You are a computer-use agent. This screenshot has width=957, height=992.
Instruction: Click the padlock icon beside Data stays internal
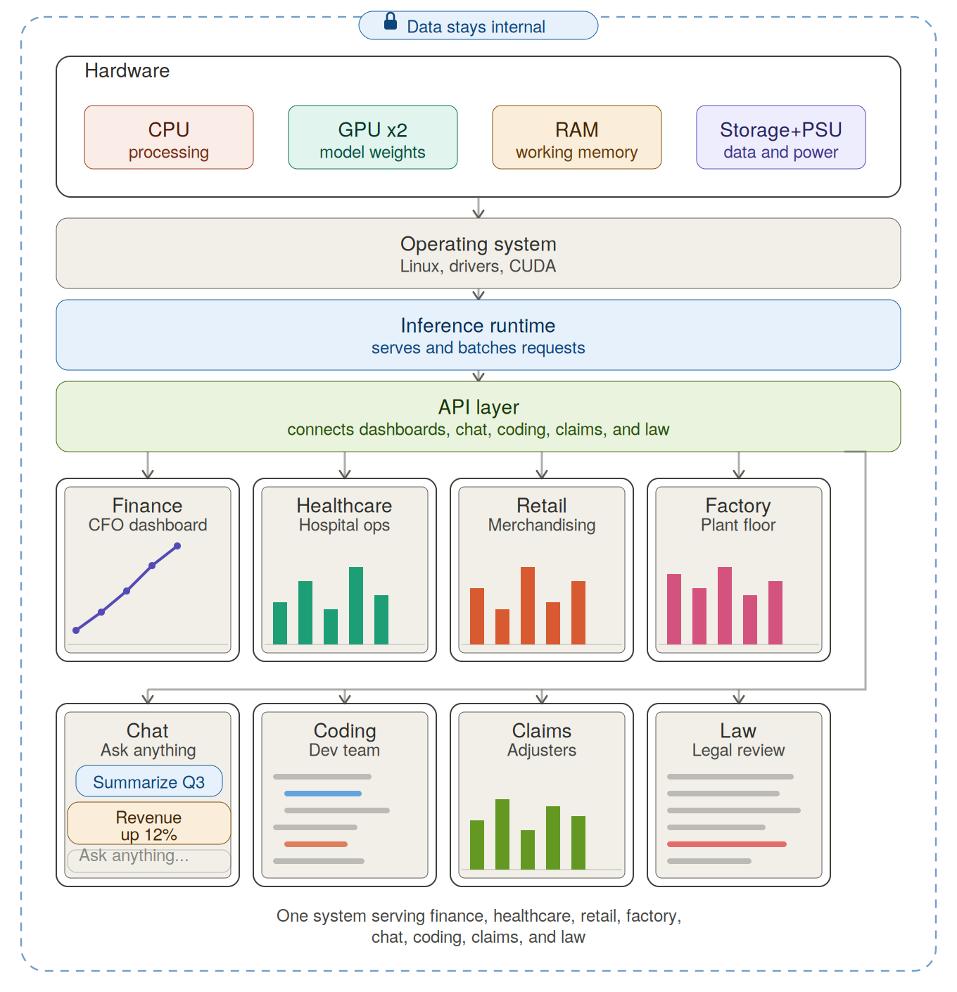[x=390, y=21]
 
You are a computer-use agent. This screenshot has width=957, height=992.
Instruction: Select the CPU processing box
[x=169, y=137]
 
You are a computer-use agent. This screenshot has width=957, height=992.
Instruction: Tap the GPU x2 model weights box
[x=373, y=137]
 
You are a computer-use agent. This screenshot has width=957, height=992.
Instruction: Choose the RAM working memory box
[x=576, y=137]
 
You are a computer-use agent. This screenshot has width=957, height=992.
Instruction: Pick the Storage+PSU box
[x=780, y=137]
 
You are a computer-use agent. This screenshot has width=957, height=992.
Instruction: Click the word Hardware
[x=127, y=71]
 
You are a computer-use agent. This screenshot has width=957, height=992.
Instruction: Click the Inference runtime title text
[x=478, y=326]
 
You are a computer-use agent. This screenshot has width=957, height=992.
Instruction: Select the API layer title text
[x=479, y=407]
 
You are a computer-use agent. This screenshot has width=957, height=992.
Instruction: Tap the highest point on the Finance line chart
[x=177, y=546]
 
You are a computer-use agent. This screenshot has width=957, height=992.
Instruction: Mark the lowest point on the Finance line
[x=76, y=630]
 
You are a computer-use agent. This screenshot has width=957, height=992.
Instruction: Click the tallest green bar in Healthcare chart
[x=356, y=606]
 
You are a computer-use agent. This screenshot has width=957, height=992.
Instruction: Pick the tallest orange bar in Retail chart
[x=528, y=606]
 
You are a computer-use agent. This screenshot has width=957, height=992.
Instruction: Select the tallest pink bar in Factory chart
[x=725, y=606]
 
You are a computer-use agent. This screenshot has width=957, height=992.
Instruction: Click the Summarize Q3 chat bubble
[x=149, y=781]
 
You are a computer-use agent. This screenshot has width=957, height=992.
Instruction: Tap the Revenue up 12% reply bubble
[x=149, y=823]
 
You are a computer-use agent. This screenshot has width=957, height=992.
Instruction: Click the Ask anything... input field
[x=149, y=860]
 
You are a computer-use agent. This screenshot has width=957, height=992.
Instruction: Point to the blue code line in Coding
[x=323, y=794]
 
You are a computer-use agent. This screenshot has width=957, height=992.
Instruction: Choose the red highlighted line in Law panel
[x=726, y=844]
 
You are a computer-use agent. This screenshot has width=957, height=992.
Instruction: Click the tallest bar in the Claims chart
[x=502, y=834]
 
